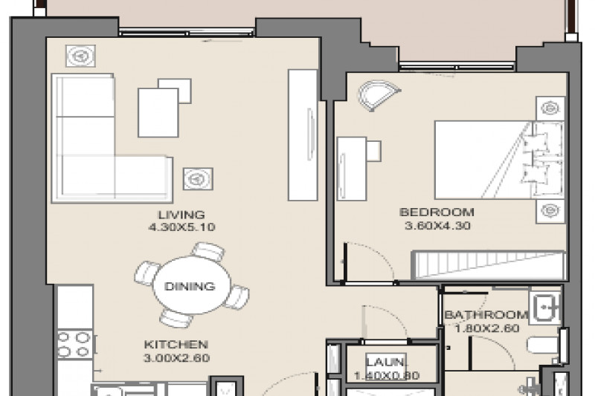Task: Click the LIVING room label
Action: [181, 215]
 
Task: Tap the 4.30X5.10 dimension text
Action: [181, 227]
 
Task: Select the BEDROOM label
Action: [437, 212]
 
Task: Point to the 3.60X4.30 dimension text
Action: [437, 225]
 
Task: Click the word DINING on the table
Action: [190, 286]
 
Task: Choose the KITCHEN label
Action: [176, 345]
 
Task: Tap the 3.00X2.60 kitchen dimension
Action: [176, 357]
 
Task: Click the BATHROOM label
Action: [486, 314]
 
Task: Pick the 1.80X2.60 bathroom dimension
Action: [487, 328]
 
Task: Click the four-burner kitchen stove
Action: [74, 345]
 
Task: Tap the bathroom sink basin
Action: [545, 308]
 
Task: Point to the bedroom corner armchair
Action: [377, 95]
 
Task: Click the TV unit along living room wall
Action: [303, 135]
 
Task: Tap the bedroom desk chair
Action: [373, 150]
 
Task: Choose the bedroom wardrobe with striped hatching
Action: [489, 265]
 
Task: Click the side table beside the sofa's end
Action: [198, 179]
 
